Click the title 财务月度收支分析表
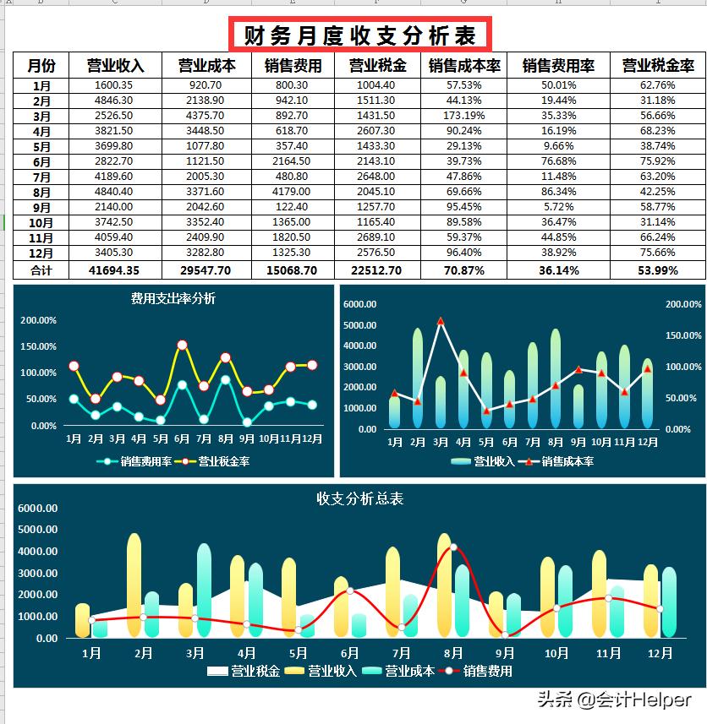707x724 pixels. point(359,35)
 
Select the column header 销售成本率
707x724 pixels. point(464,65)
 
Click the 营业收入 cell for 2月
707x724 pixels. point(114,100)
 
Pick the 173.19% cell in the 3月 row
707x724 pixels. point(464,116)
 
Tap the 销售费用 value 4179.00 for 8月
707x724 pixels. point(292,192)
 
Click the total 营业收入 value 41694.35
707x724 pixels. point(114,270)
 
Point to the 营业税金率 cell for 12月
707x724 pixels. point(658,253)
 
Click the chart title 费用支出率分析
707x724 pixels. point(173,298)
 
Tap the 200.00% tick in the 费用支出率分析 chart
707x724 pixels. point(39,320)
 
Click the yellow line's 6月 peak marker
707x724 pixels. point(182,345)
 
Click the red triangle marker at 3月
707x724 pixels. point(441,322)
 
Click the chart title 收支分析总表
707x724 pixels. point(359,498)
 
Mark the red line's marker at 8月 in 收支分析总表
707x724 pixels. point(453,547)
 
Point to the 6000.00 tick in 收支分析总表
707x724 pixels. point(37,509)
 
